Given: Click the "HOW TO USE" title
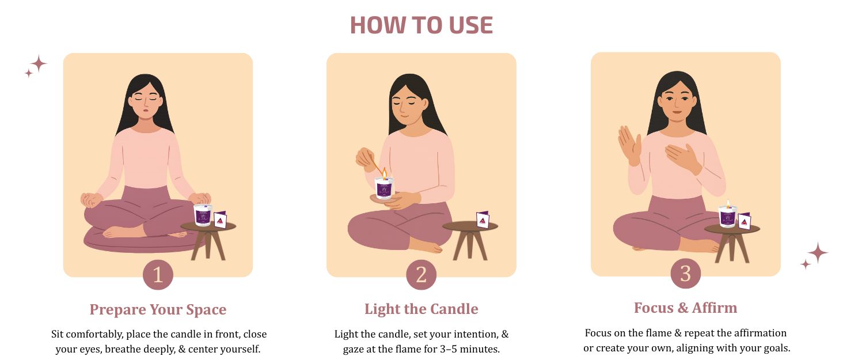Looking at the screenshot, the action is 421,25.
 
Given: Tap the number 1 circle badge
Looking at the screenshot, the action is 158,275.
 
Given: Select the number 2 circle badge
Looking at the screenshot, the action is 421,275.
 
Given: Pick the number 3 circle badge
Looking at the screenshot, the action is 685,274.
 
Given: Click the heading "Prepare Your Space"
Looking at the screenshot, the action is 158,309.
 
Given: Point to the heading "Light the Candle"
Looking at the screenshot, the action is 421,309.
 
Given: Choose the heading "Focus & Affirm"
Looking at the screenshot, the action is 685,308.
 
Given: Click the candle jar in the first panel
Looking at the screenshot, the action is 203,215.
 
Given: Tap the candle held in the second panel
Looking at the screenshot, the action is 384,187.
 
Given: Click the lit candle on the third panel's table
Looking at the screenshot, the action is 728,216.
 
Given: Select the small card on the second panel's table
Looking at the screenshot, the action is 483,220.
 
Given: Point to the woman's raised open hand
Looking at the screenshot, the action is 629,145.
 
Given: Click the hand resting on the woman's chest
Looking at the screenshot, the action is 682,158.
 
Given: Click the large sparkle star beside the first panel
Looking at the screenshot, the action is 39,63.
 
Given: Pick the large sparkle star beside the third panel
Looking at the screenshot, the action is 818,253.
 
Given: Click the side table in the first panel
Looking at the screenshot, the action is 208,240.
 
